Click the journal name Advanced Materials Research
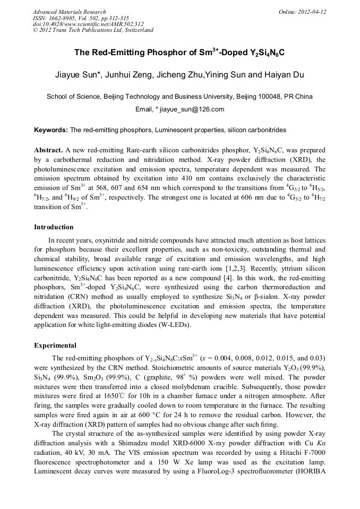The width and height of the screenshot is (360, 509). pyautogui.click(x=69, y=12)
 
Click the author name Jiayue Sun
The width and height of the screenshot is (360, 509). pyautogui.click(x=74, y=75)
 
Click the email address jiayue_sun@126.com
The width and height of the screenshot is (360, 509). pyautogui.click(x=192, y=109)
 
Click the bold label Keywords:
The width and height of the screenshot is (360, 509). pyautogui.click(x=51, y=130)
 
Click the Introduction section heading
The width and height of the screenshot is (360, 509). pyautogui.click(x=54, y=227)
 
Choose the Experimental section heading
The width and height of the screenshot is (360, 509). pyautogui.click(x=55, y=346)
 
